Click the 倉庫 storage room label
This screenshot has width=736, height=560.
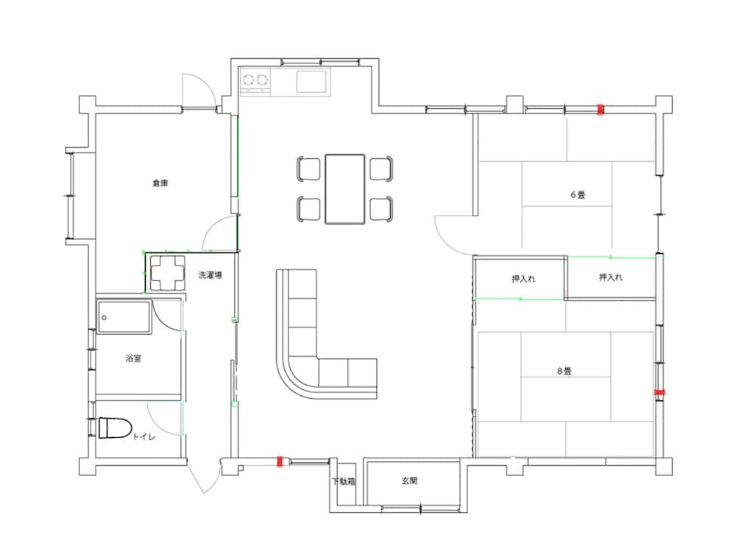[x=160, y=183]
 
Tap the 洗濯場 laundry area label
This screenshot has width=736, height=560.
[x=210, y=275]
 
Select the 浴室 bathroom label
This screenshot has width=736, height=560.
[x=133, y=358]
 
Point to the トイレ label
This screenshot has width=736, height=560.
[x=144, y=437]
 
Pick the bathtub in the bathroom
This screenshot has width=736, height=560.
[x=124, y=317]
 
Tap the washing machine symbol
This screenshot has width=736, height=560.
[x=166, y=273]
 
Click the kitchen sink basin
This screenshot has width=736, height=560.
[x=311, y=82]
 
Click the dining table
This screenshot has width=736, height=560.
[x=345, y=189]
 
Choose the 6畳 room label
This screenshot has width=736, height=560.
[x=578, y=195]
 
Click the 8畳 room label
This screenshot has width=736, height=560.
[x=565, y=371]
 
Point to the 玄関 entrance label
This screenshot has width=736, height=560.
[x=409, y=481]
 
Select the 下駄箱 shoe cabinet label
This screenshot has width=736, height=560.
[x=344, y=481]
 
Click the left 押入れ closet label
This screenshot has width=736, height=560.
[x=523, y=279]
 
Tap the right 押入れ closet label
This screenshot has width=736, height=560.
[x=611, y=277]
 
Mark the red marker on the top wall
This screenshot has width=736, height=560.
[x=600, y=110]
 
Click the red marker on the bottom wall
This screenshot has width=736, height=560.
[x=280, y=461]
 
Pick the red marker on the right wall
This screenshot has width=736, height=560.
[x=660, y=392]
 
